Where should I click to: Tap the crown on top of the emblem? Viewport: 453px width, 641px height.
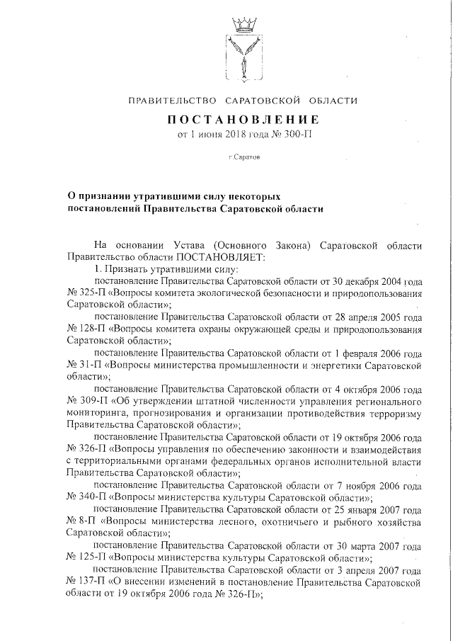pos(244,23)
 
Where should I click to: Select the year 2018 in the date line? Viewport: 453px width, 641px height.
pos(237,134)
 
